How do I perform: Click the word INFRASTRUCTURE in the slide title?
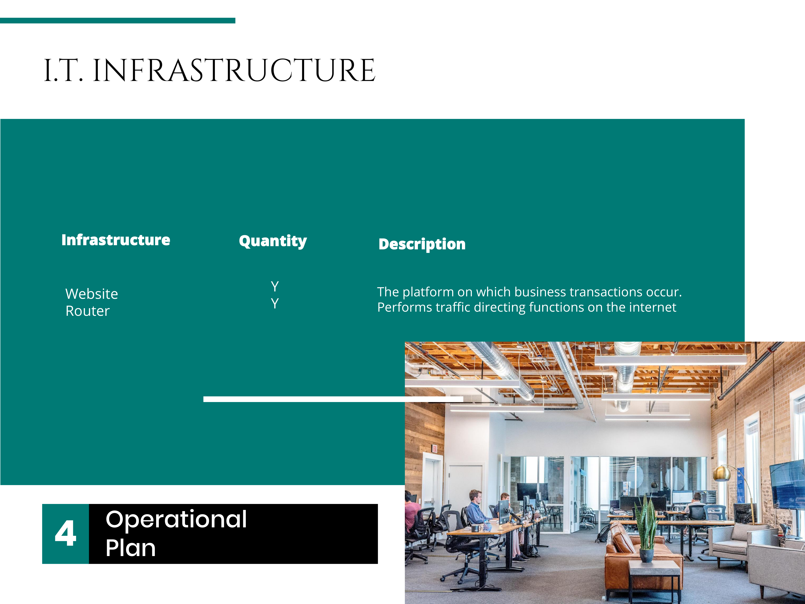(234, 70)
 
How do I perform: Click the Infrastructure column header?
(116, 240)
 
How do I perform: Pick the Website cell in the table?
(92, 294)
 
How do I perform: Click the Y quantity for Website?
(275, 287)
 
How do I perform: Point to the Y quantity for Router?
(275, 303)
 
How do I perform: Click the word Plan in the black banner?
(131, 548)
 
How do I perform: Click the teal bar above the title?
(118, 20)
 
